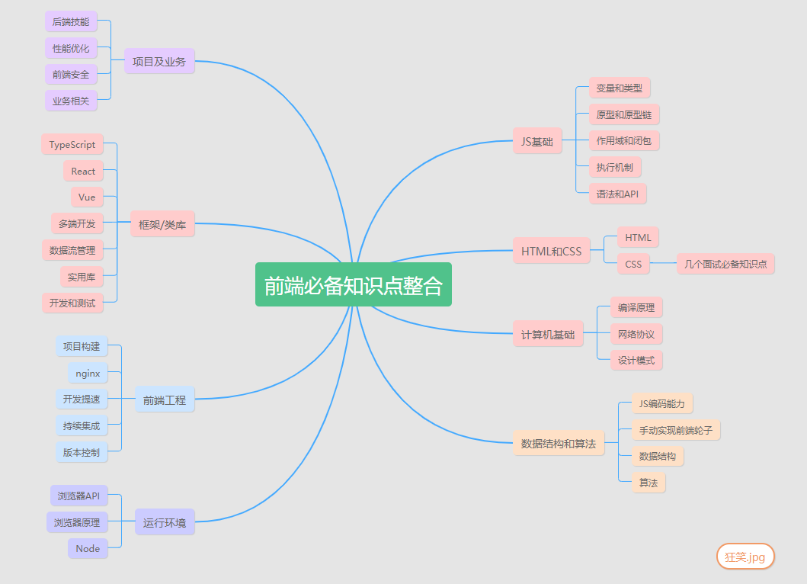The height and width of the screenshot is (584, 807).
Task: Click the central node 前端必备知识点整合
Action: [353, 284]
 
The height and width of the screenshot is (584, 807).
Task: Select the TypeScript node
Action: [72, 145]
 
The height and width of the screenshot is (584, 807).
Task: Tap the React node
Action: [83, 172]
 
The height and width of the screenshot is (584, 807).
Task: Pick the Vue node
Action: [87, 197]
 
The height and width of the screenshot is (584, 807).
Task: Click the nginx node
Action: [88, 374]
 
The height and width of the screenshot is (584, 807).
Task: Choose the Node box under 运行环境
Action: [88, 548]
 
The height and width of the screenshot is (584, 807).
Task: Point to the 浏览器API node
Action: [79, 496]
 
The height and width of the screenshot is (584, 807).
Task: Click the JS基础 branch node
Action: [537, 141]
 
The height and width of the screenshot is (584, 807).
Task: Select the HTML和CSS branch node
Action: [551, 251]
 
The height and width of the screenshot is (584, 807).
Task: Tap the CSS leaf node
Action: [633, 265]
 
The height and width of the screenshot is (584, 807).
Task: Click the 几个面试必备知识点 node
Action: [725, 265]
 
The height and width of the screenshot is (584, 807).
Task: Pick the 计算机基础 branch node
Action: [548, 334]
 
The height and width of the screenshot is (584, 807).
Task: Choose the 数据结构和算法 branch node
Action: [559, 443]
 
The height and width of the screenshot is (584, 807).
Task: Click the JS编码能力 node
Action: [661, 403]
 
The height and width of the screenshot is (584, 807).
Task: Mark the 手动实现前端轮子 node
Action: [676, 430]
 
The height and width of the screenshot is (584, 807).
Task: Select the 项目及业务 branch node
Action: [159, 62]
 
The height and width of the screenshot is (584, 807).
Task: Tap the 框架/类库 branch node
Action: [163, 224]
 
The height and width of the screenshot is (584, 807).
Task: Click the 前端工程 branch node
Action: [165, 399]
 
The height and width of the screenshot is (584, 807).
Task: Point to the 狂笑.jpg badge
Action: [745, 557]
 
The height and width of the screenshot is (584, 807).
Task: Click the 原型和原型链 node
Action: [624, 115]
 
